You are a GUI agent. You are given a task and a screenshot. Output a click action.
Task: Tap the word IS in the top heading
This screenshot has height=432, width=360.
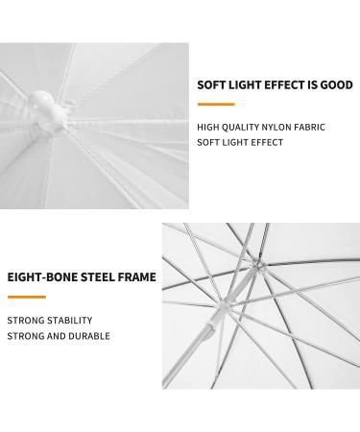[309, 84]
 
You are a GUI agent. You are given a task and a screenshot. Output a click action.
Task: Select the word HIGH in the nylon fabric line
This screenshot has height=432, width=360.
[208, 127]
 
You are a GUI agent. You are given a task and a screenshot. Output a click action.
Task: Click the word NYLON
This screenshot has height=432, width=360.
[276, 127]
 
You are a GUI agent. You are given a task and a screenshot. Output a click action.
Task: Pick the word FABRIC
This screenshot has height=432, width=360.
[309, 127]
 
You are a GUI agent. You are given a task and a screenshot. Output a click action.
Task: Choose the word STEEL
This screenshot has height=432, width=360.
[95, 278]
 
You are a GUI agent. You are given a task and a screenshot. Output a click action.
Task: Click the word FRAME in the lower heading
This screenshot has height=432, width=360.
[136, 278]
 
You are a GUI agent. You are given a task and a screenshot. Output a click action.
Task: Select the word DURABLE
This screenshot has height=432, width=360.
[89, 336]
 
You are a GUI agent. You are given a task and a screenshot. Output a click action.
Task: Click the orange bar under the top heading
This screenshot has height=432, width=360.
[215, 103]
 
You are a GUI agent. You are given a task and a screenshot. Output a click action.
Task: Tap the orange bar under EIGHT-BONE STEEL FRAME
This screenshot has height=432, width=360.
[26, 297]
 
